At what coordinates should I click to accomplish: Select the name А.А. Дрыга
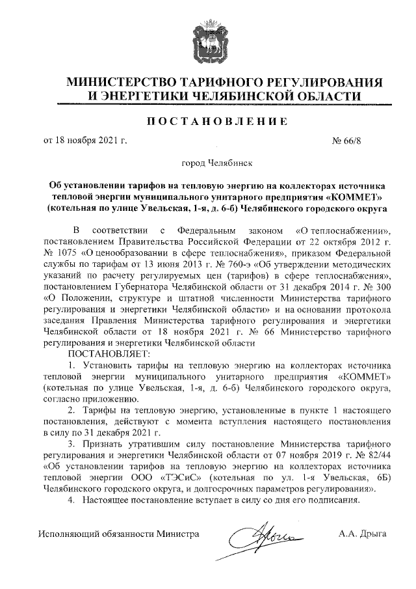[363, 534]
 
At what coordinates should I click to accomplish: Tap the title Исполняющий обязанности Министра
[118, 534]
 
